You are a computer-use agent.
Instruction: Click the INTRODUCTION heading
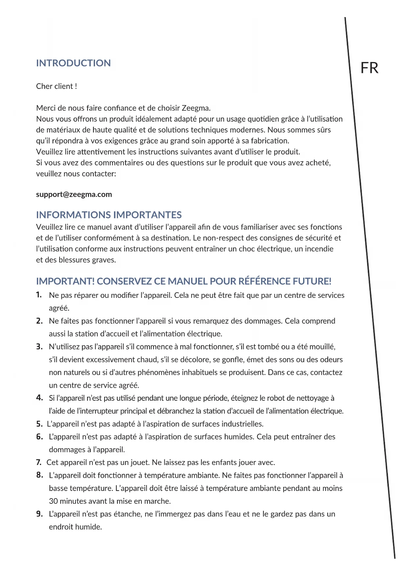click(x=73, y=63)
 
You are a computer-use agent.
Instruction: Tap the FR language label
click(x=370, y=68)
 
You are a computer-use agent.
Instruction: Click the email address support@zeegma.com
click(x=74, y=194)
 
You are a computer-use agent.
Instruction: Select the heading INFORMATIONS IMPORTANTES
click(x=109, y=215)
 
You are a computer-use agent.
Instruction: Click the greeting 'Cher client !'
click(x=57, y=86)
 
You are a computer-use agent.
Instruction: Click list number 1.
click(x=39, y=295)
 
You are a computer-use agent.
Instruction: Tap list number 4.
click(x=39, y=398)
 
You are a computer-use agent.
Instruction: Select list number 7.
click(x=39, y=462)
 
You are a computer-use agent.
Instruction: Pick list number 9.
click(x=39, y=514)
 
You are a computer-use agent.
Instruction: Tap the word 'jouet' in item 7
click(x=140, y=463)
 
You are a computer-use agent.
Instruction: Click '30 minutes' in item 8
click(x=69, y=501)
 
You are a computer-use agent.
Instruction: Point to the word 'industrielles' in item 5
click(x=242, y=424)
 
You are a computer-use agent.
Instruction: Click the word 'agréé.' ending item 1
click(x=59, y=308)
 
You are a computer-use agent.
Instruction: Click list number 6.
click(x=39, y=437)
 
